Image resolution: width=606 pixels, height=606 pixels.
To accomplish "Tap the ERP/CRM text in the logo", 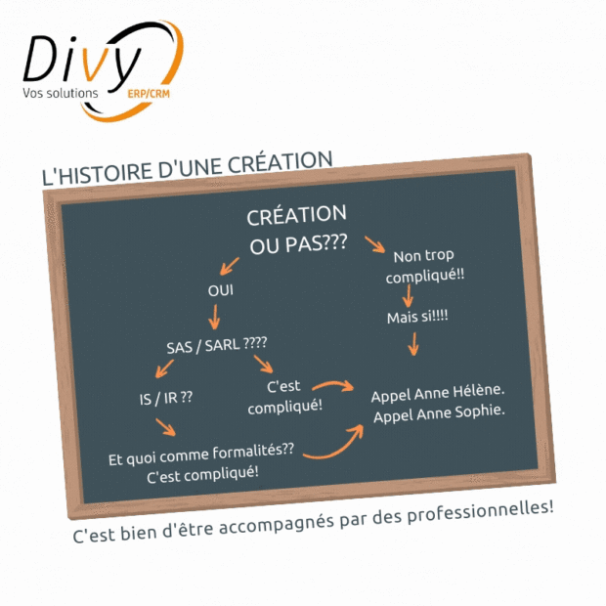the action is (x=149, y=94).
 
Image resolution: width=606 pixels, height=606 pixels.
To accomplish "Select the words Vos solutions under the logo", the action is (x=61, y=93).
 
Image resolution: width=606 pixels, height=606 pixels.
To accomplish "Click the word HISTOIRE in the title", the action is (x=107, y=172).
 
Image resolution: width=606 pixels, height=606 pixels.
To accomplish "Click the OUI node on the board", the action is (x=220, y=290).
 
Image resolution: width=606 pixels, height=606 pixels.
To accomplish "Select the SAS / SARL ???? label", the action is (x=216, y=345).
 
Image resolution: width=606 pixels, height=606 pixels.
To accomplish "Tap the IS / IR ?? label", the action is (x=166, y=398).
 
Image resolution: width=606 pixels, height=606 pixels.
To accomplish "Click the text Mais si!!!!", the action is (x=417, y=317).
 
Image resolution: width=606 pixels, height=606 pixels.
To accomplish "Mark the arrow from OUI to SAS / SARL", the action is (x=214, y=317).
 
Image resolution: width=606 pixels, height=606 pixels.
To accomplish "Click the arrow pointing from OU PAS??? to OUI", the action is (x=229, y=266).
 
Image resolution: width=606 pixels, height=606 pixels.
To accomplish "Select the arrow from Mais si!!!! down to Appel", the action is (x=413, y=344).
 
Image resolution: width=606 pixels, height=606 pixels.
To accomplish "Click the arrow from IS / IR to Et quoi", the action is (x=165, y=427).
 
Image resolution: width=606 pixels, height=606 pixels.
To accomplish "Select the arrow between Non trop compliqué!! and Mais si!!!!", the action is (x=409, y=296).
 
